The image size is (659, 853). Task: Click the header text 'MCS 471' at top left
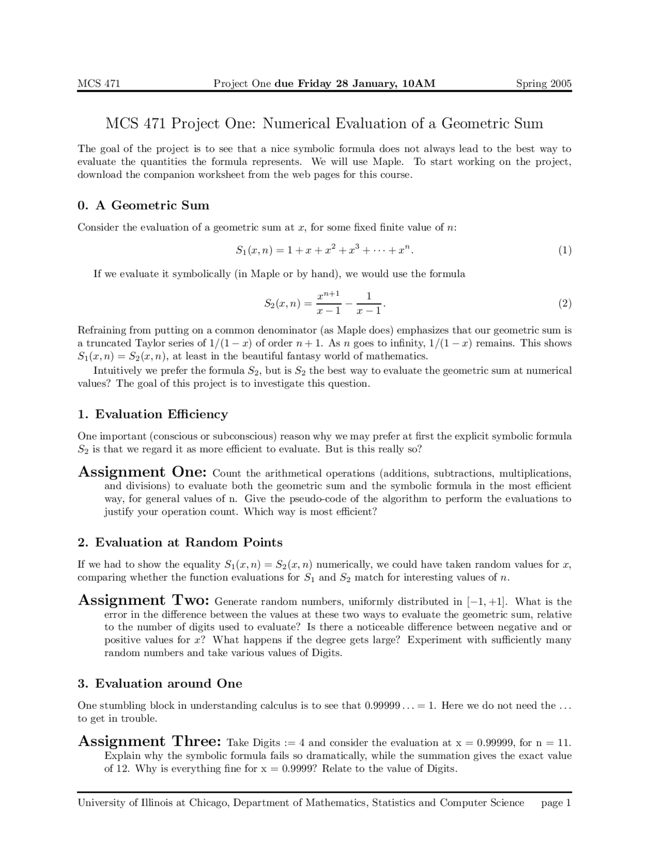pyautogui.click(x=98, y=83)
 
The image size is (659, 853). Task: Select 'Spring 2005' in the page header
pyautogui.click(x=544, y=83)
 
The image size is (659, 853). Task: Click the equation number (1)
pyautogui.click(x=565, y=250)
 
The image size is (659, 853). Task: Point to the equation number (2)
pyautogui.click(x=565, y=303)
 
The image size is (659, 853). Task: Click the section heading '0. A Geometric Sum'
pyautogui.click(x=143, y=206)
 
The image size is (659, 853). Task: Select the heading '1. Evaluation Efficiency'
pyautogui.click(x=152, y=414)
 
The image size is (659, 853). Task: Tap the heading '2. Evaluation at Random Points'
pyautogui.click(x=180, y=542)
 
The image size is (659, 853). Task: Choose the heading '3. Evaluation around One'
pyautogui.click(x=160, y=684)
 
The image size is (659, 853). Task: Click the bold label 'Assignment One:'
pyautogui.click(x=142, y=472)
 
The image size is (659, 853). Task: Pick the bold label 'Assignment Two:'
pyautogui.click(x=143, y=600)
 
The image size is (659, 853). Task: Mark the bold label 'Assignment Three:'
pyautogui.click(x=150, y=741)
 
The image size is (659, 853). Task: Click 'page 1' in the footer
pyautogui.click(x=556, y=803)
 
